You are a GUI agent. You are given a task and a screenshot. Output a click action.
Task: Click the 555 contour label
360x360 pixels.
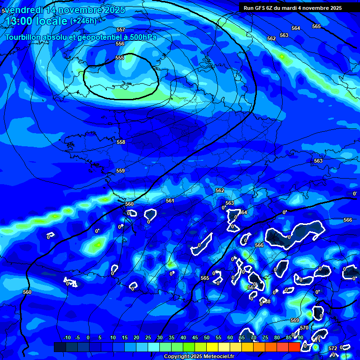(x=120, y=58)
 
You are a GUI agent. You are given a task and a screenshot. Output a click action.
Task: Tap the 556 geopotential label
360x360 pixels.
(x=120, y=44)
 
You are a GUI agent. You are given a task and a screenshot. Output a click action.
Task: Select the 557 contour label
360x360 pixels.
(x=121, y=30)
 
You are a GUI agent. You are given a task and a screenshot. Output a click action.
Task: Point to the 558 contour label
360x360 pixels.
(x=121, y=142)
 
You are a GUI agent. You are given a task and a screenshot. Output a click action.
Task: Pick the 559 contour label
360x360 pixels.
(x=120, y=171)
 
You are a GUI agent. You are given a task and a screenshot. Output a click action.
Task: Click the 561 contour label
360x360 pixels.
(x=170, y=201)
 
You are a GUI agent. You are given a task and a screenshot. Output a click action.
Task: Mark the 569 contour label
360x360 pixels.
(x=295, y=320)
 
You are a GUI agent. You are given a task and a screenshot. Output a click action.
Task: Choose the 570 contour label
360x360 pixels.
(x=304, y=328)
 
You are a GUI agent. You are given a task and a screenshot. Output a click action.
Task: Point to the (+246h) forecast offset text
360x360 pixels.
(x=83, y=21)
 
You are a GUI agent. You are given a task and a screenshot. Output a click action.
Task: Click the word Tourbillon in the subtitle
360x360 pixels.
(x=24, y=37)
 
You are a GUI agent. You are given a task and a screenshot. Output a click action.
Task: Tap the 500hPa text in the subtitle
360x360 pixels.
(x=140, y=37)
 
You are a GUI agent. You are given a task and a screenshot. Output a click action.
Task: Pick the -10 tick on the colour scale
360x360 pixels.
(x=67, y=337)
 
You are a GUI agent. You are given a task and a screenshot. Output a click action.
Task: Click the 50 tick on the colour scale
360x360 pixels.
(x=207, y=337)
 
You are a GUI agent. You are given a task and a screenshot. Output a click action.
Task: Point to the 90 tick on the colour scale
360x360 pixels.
(x=300, y=337)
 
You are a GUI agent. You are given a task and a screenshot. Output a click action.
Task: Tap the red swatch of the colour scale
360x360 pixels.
(x=294, y=347)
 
